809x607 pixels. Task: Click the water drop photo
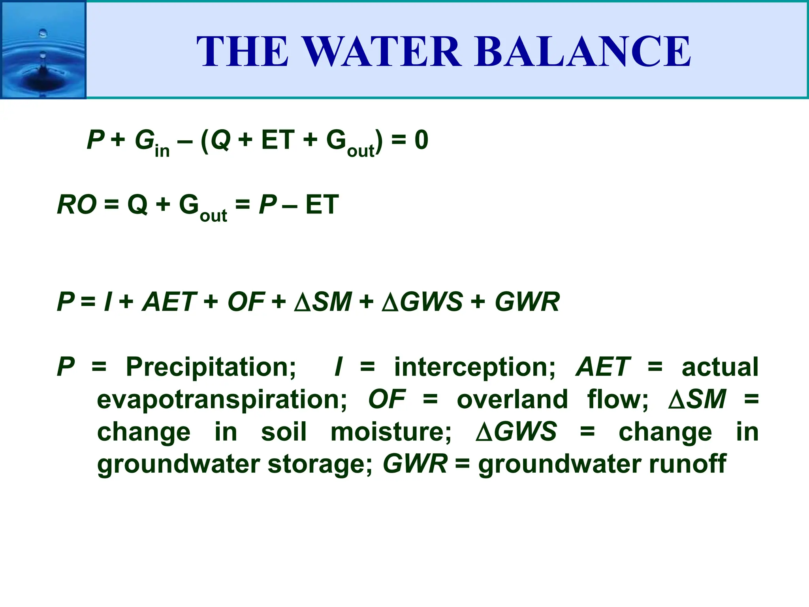click(43, 50)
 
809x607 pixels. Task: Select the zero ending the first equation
click(421, 140)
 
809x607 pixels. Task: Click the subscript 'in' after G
click(162, 151)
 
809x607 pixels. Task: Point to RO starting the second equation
click(77, 205)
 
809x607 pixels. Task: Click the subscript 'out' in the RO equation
click(213, 216)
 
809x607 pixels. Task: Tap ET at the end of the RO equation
click(322, 205)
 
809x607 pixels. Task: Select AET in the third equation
click(169, 302)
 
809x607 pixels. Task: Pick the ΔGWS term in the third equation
click(422, 302)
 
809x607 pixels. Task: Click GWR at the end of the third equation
click(527, 302)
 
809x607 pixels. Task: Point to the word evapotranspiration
click(222, 400)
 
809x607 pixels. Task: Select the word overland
click(512, 400)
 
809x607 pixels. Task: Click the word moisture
click(391, 432)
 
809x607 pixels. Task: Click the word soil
click(284, 432)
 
